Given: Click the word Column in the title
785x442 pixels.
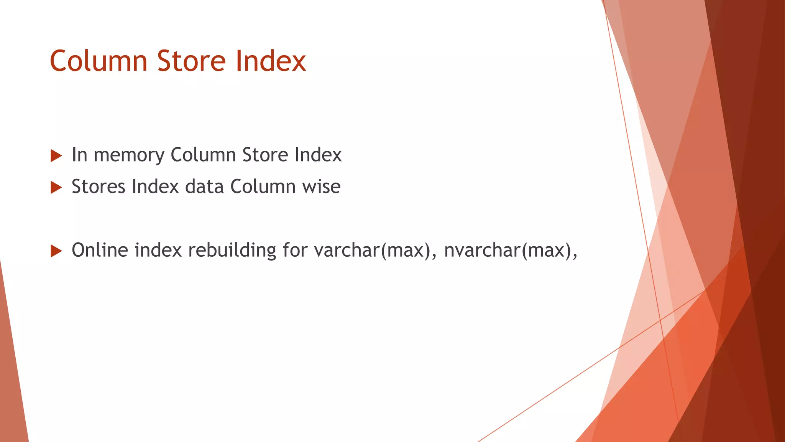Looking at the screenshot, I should click(x=99, y=61).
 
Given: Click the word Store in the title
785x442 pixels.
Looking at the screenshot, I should click(x=191, y=61).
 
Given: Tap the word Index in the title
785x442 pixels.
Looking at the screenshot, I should click(x=271, y=61).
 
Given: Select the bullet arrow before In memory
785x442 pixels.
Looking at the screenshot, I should click(x=56, y=156).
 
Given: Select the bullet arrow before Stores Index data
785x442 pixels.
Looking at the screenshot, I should click(x=56, y=188).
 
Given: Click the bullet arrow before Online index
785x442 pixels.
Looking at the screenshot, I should click(x=56, y=251).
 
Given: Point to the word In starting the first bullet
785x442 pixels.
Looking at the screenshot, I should click(x=80, y=155).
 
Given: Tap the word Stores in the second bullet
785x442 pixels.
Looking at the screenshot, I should click(x=98, y=187).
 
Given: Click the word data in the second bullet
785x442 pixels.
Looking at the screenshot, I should click(x=204, y=187).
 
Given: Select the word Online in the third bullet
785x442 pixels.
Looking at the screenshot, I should click(x=100, y=250).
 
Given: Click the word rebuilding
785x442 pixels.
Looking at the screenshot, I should click(x=232, y=250).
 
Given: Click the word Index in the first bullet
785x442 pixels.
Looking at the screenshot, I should click(x=318, y=155).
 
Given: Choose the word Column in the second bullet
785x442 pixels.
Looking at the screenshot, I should click(x=263, y=187).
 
